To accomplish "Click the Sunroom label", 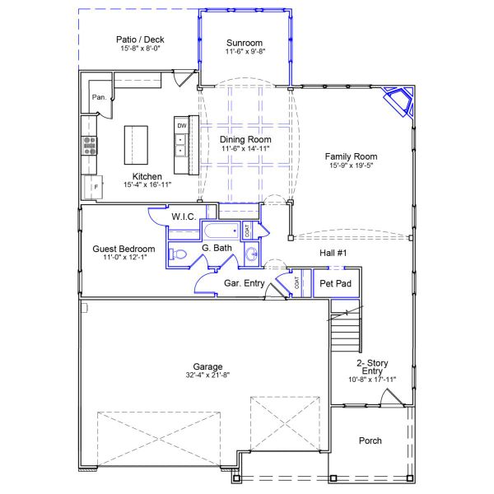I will (244, 43).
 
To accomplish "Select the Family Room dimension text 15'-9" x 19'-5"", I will (351, 165).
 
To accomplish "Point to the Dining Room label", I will (245, 139).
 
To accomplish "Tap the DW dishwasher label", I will (181, 126).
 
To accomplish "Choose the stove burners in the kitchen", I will (89, 146).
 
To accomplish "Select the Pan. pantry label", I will (99, 97).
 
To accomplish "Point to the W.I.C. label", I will (183, 217).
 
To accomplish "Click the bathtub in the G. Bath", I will (219, 231).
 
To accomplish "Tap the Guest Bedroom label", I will (123, 249).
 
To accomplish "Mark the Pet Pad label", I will (336, 283).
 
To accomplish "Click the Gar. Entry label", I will (244, 283).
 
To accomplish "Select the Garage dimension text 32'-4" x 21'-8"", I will (207, 375).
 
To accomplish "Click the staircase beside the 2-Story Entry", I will (346, 329).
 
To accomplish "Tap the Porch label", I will (370, 440).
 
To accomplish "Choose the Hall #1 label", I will (333, 253).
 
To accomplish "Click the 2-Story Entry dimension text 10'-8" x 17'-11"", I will (372, 380).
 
